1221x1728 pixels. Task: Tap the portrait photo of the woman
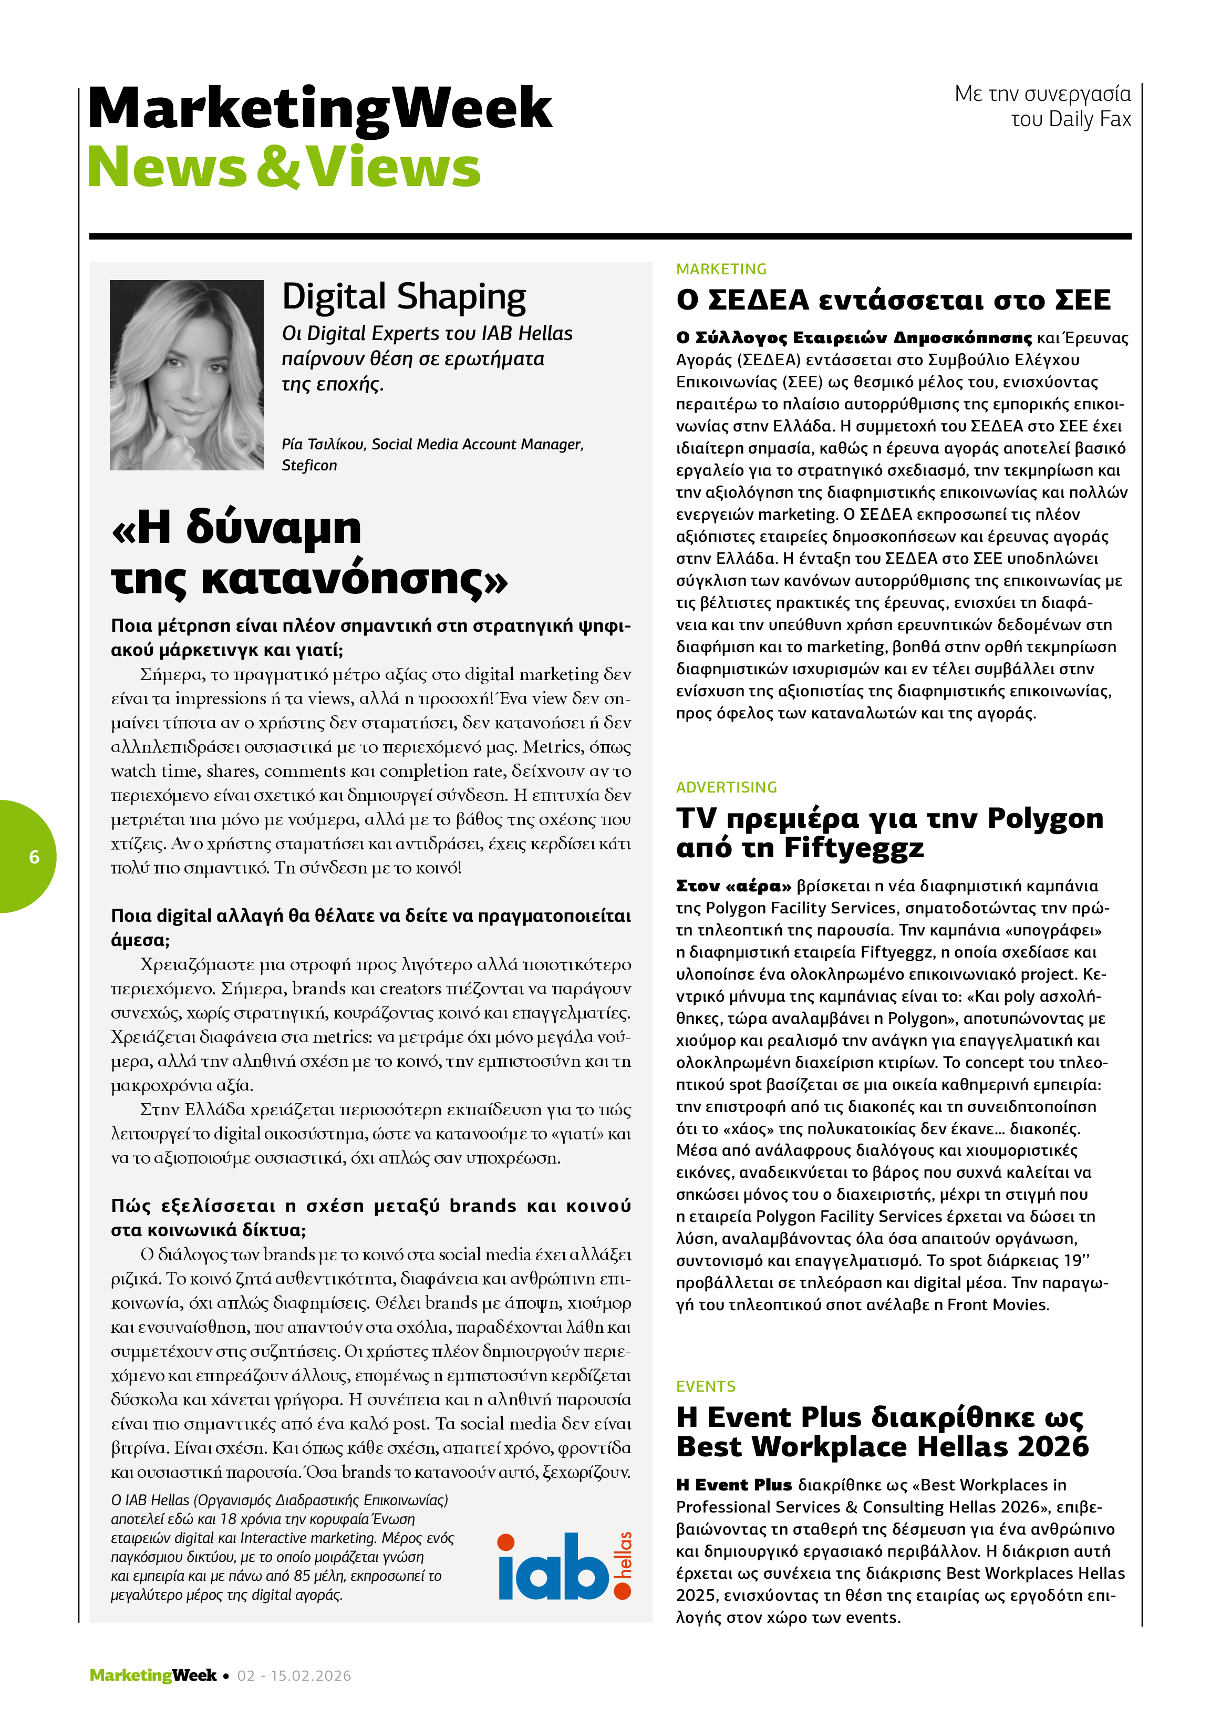187,375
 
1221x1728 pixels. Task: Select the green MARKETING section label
721,269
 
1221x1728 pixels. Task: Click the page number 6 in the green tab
34,857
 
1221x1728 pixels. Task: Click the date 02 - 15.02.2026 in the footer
294,1675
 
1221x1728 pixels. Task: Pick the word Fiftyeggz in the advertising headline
853,847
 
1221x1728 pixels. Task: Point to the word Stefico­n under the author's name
309,465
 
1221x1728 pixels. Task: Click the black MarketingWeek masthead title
320,108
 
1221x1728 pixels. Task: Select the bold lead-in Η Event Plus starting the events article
733,1484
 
